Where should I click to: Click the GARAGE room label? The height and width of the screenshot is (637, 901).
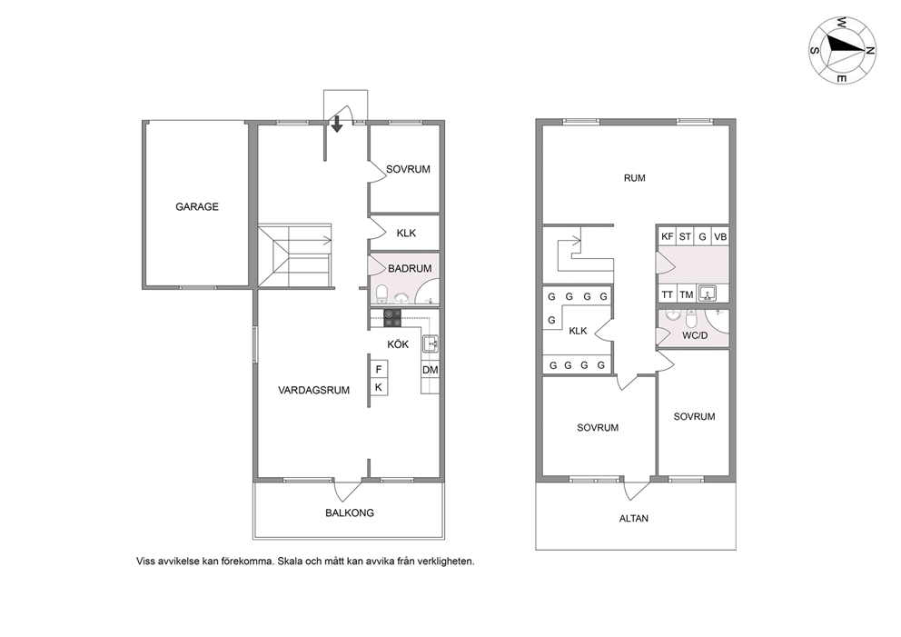click(197, 207)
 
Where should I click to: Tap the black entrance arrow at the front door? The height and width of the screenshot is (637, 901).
click(337, 123)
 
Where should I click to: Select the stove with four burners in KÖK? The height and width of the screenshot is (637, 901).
click(393, 318)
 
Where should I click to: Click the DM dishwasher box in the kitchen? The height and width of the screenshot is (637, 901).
click(431, 370)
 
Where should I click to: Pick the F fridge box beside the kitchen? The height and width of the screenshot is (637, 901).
click(379, 369)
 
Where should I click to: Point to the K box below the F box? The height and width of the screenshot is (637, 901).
click(379, 387)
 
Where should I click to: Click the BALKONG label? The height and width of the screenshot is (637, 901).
click(350, 513)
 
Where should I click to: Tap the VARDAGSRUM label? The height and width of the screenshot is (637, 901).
click(313, 391)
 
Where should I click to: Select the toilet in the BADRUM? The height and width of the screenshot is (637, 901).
click(381, 295)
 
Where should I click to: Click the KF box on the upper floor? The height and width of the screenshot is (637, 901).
click(668, 237)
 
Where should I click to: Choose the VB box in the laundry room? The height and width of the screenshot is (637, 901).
click(720, 237)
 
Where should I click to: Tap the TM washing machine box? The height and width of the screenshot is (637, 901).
click(686, 294)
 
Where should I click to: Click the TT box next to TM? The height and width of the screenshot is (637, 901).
click(668, 294)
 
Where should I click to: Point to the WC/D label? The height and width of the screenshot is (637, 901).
click(695, 335)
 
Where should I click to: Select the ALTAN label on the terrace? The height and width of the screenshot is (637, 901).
click(634, 519)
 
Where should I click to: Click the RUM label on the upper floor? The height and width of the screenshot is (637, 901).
click(634, 178)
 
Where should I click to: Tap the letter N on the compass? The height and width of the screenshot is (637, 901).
click(870, 51)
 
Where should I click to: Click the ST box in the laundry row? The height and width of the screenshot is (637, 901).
click(685, 237)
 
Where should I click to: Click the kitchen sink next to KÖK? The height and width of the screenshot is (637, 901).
click(431, 343)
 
